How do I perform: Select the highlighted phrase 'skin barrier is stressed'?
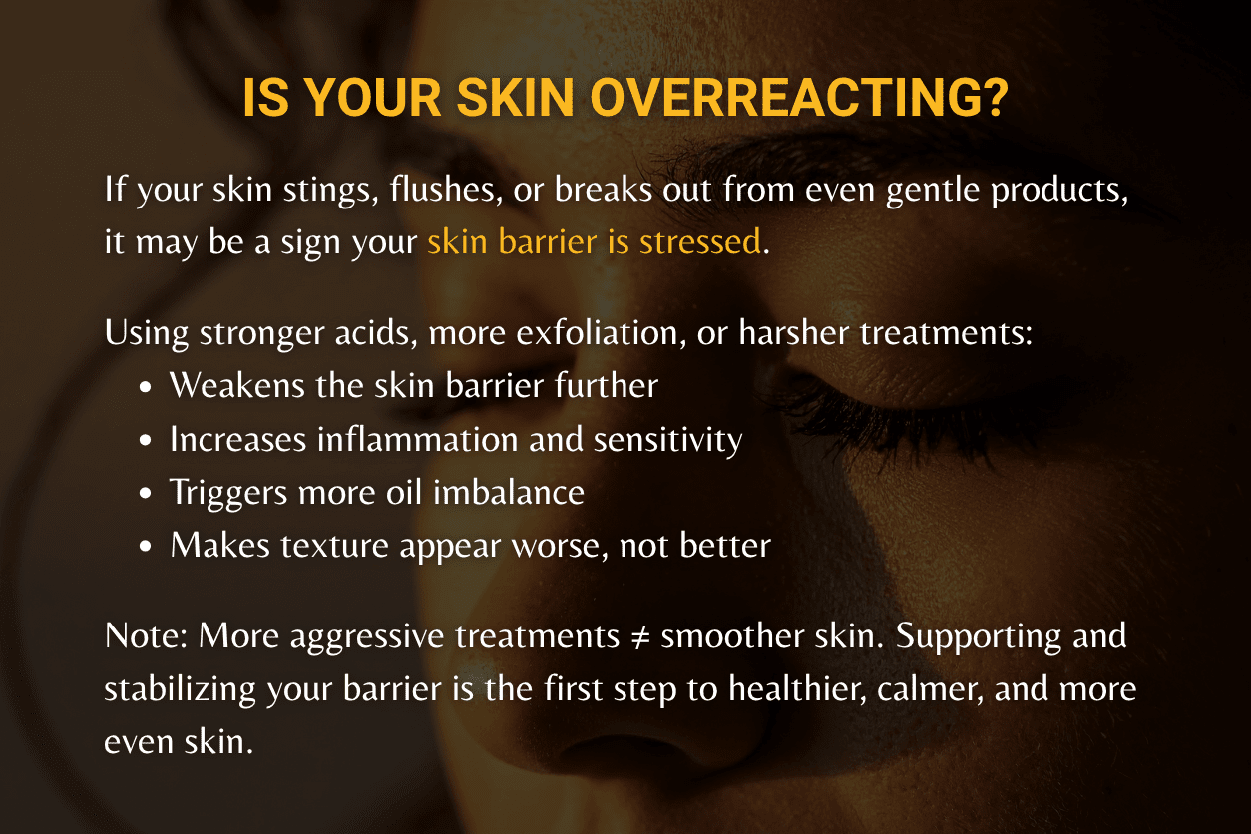pyautogui.click(x=594, y=242)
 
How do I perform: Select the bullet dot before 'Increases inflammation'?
pyautogui.click(x=147, y=441)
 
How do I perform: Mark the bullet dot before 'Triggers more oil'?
pyautogui.click(x=147, y=494)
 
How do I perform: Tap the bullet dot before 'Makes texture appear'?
pyautogui.click(x=147, y=547)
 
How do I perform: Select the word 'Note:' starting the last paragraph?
pyautogui.click(x=147, y=637)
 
